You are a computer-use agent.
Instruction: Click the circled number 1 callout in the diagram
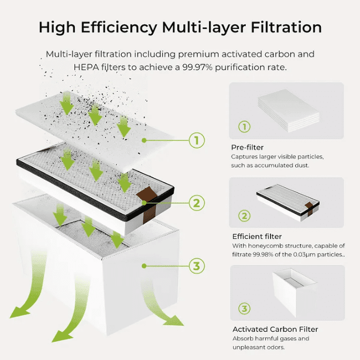[x=196, y=140]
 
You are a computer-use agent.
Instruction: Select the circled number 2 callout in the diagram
[x=196, y=202]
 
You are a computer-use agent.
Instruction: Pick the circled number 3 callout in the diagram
[x=196, y=265]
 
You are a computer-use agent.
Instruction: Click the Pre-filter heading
[x=247, y=147]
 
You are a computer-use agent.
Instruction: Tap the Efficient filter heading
[x=257, y=236]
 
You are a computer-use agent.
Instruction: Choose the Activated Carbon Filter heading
[x=275, y=329]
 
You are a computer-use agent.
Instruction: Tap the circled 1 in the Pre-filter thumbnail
[x=244, y=127]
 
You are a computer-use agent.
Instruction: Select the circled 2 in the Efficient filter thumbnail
[x=244, y=216]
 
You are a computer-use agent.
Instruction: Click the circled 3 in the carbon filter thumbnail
[x=244, y=308]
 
